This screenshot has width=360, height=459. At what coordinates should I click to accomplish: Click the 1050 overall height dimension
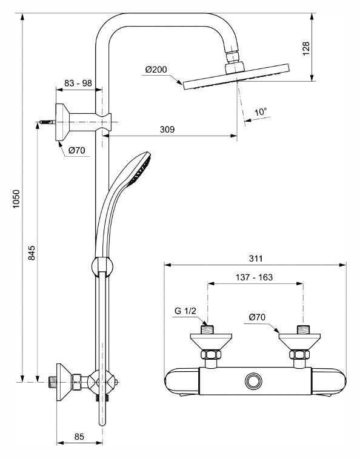point(16,199)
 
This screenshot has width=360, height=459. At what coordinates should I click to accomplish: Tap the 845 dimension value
point(32,253)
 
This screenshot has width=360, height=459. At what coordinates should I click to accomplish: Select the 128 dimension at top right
point(306,48)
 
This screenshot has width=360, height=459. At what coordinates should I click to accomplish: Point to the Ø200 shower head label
point(156,70)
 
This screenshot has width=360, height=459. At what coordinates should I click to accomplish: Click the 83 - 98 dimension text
point(78,83)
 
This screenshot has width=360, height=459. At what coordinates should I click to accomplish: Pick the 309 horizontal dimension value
point(167,129)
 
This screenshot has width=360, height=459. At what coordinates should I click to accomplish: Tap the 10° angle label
point(261,111)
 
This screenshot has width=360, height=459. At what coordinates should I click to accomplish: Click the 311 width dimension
point(256,259)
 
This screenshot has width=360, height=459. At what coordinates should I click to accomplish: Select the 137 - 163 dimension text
point(255,277)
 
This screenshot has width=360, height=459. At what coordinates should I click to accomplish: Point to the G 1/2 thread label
point(185,311)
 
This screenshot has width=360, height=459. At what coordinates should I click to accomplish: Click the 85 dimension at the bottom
point(79,437)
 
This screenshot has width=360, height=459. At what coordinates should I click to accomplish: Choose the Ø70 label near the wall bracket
point(77,150)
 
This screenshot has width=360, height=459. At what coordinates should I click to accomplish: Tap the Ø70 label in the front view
point(257,317)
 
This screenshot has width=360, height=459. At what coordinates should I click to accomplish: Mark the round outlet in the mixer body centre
point(253,381)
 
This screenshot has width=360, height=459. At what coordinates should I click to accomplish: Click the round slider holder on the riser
point(102,266)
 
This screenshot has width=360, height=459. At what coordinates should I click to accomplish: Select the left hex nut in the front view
point(211,354)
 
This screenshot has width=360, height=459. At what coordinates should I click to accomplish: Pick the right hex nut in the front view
point(299,354)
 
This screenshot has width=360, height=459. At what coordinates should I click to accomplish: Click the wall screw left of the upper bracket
point(47,122)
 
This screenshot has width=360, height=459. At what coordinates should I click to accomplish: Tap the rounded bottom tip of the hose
point(102,423)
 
